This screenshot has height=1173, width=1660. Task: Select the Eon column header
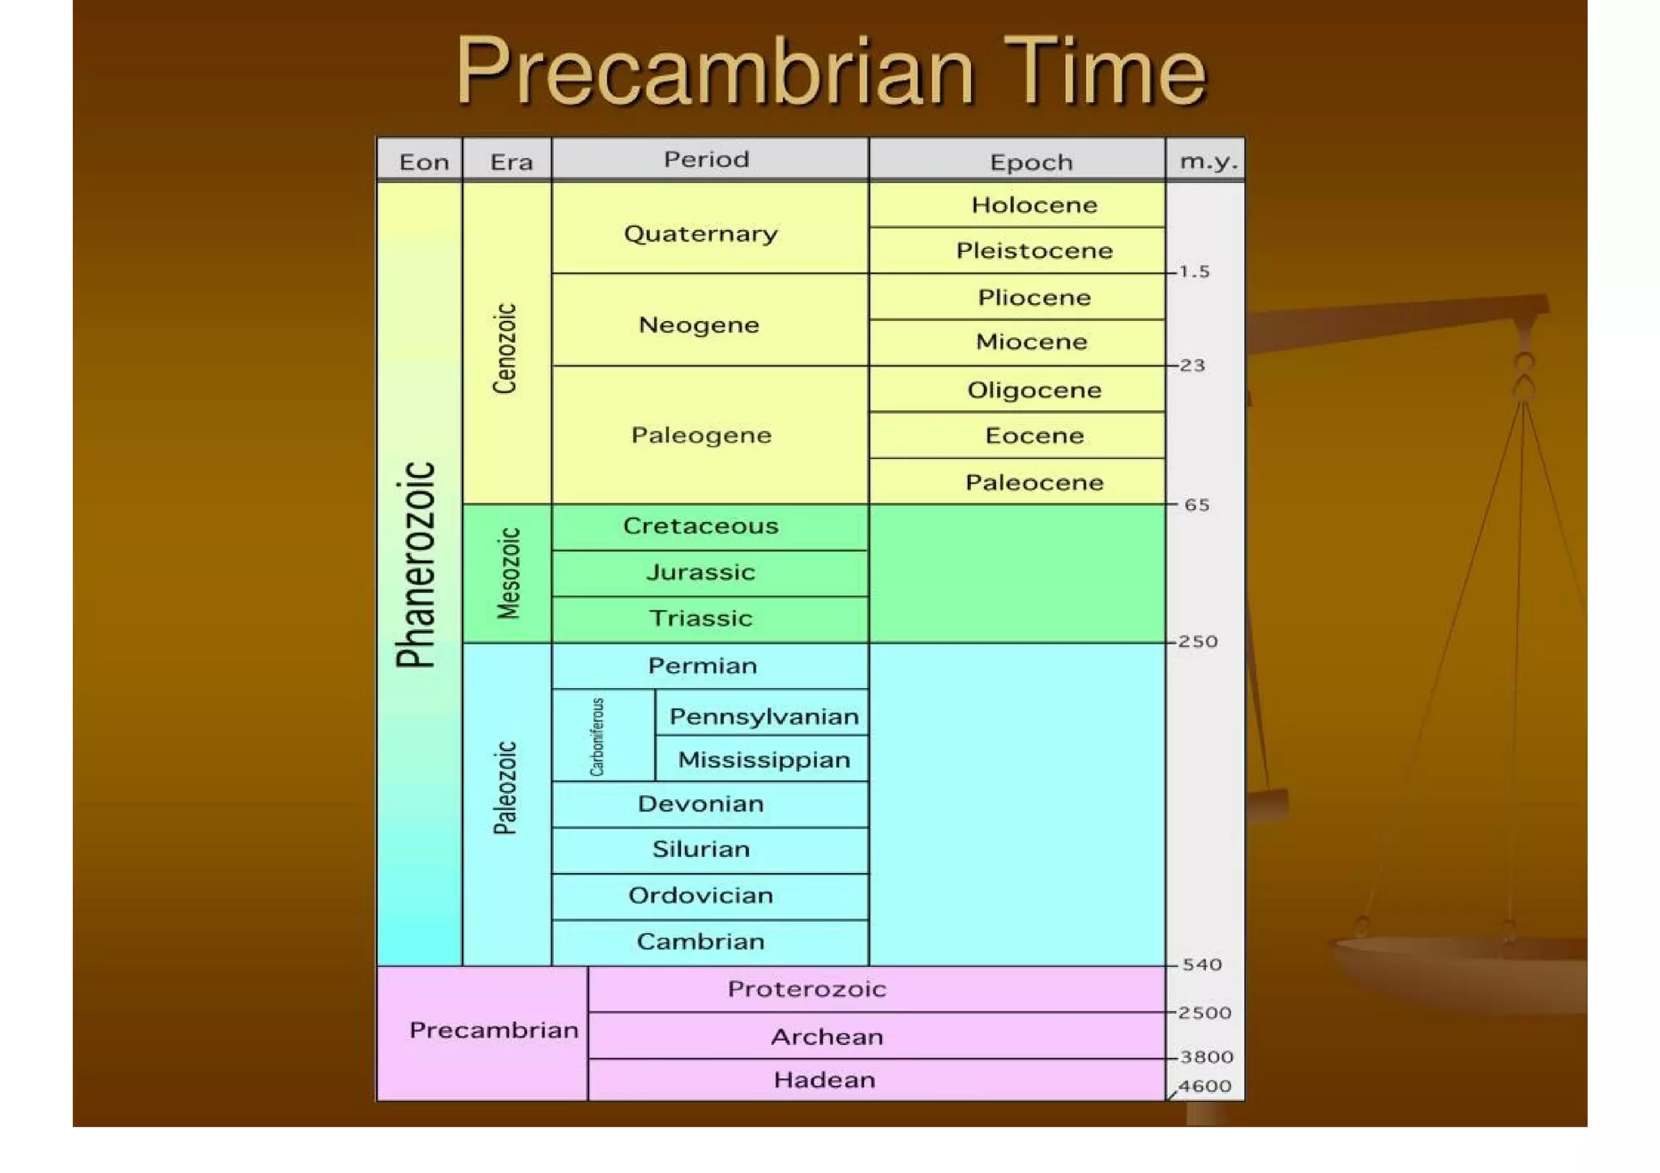pyautogui.click(x=423, y=161)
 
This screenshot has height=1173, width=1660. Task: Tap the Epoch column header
pyautogui.click(x=1030, y=162)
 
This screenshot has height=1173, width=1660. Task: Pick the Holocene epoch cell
pyautogui.click(x=1033, y=205)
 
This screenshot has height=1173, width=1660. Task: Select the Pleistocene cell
pyautogui.click(x=1033, y=250)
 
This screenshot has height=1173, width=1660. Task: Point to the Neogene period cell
pyautogui.click(x=699, y=325)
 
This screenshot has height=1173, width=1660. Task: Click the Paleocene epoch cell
pyautogui.click(x=1033, y=482)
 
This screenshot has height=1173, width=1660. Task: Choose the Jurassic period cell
pyautogui.click(x=700, y=572)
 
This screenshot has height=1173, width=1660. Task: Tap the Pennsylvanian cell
pyautogui.click(x=763, y=717)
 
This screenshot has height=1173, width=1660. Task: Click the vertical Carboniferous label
pyautogui.click(x=597, y=736)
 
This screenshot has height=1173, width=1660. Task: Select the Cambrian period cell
pyautogui.click(x=700, y=941)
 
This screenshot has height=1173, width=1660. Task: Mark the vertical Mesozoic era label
pyautogui.click(x=508, y=573)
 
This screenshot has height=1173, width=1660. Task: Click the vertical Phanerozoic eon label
pyautogui.click(x=417, y=564)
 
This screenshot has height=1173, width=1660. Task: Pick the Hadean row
pyautogui.click(x=824, y=1080)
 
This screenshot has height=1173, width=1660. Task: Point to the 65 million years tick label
pyautogui.click(x=1196, y=505)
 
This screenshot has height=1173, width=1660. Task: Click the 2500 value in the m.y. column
pyautogui.click(x=1204, y=1012)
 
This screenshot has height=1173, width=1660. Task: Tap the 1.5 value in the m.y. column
pyautogui.click(x=1194, y=272)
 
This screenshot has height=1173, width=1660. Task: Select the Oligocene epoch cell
pyautogui.click(x=1033, y=390)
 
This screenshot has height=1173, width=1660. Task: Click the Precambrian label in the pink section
pyautogui.click(x=494, y=1030)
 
